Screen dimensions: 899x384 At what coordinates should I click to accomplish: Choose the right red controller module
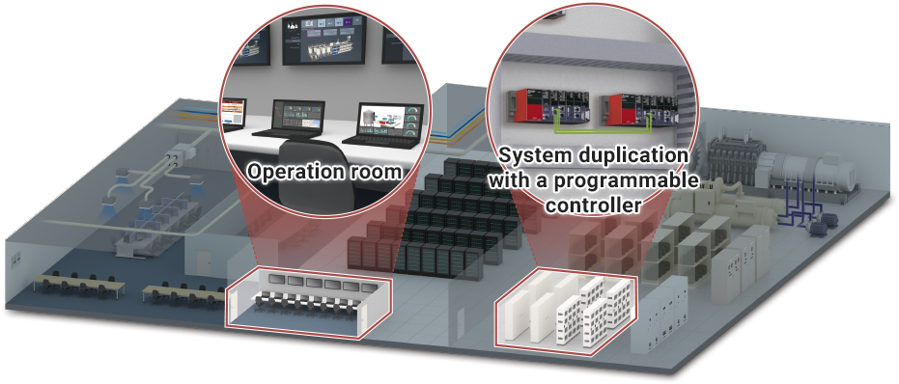621,109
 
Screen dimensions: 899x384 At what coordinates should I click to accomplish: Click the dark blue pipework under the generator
797,206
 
